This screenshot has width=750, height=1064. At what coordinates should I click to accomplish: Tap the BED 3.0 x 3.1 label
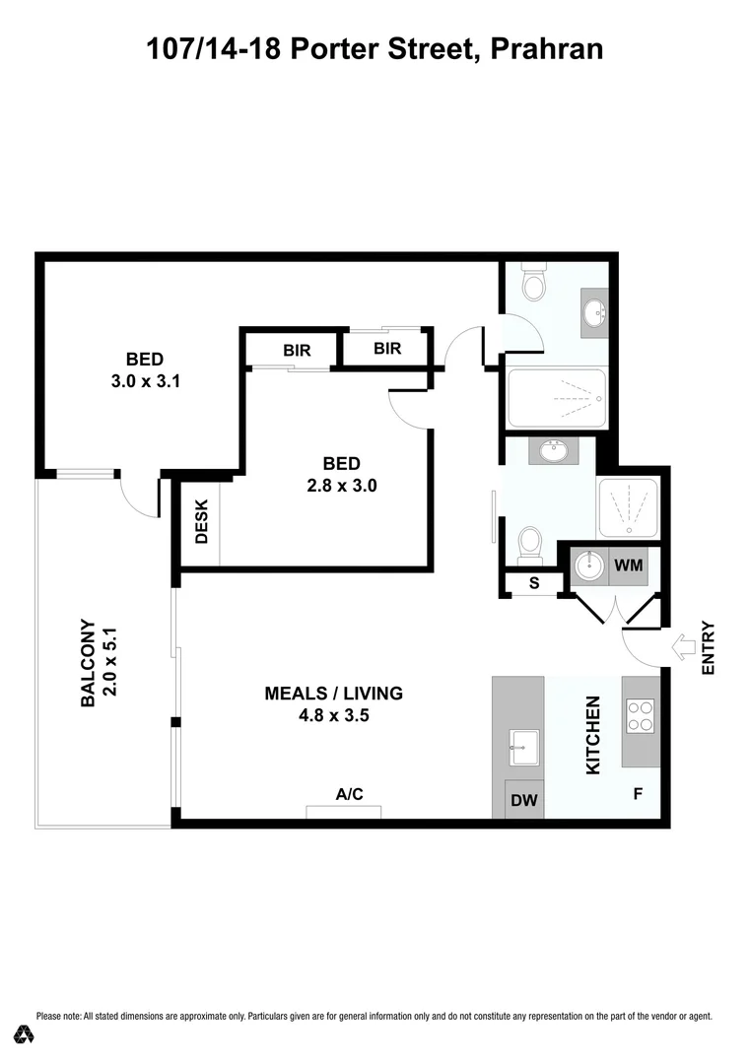tap(144, 369)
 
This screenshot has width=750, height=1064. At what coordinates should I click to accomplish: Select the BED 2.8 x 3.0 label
tap(341, 474)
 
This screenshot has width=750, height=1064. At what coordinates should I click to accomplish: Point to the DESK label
tap(201, 522)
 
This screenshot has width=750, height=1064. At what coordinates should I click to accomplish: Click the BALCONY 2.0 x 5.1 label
tap(98, 663)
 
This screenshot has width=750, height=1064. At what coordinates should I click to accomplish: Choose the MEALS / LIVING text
tap(333, 704)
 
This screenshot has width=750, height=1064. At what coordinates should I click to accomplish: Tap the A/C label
tap(350, 794)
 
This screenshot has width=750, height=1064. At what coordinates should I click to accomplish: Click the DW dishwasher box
tap(524, 800)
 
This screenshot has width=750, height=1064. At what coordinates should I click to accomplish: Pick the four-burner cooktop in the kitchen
tap(641, 716)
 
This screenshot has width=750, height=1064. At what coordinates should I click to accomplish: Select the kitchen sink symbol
tap(522, 747)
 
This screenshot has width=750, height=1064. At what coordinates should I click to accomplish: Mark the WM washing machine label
tap(629, 565)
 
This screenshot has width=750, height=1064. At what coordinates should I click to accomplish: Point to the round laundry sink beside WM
tap(589, 566)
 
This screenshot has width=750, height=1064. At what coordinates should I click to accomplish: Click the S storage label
tap(534, 583)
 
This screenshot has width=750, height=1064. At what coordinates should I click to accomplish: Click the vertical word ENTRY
tap(707, 648)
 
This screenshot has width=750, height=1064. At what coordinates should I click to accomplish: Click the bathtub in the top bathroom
tap(556, 397)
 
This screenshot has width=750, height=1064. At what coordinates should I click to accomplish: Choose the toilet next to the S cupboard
tap(530, 541)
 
